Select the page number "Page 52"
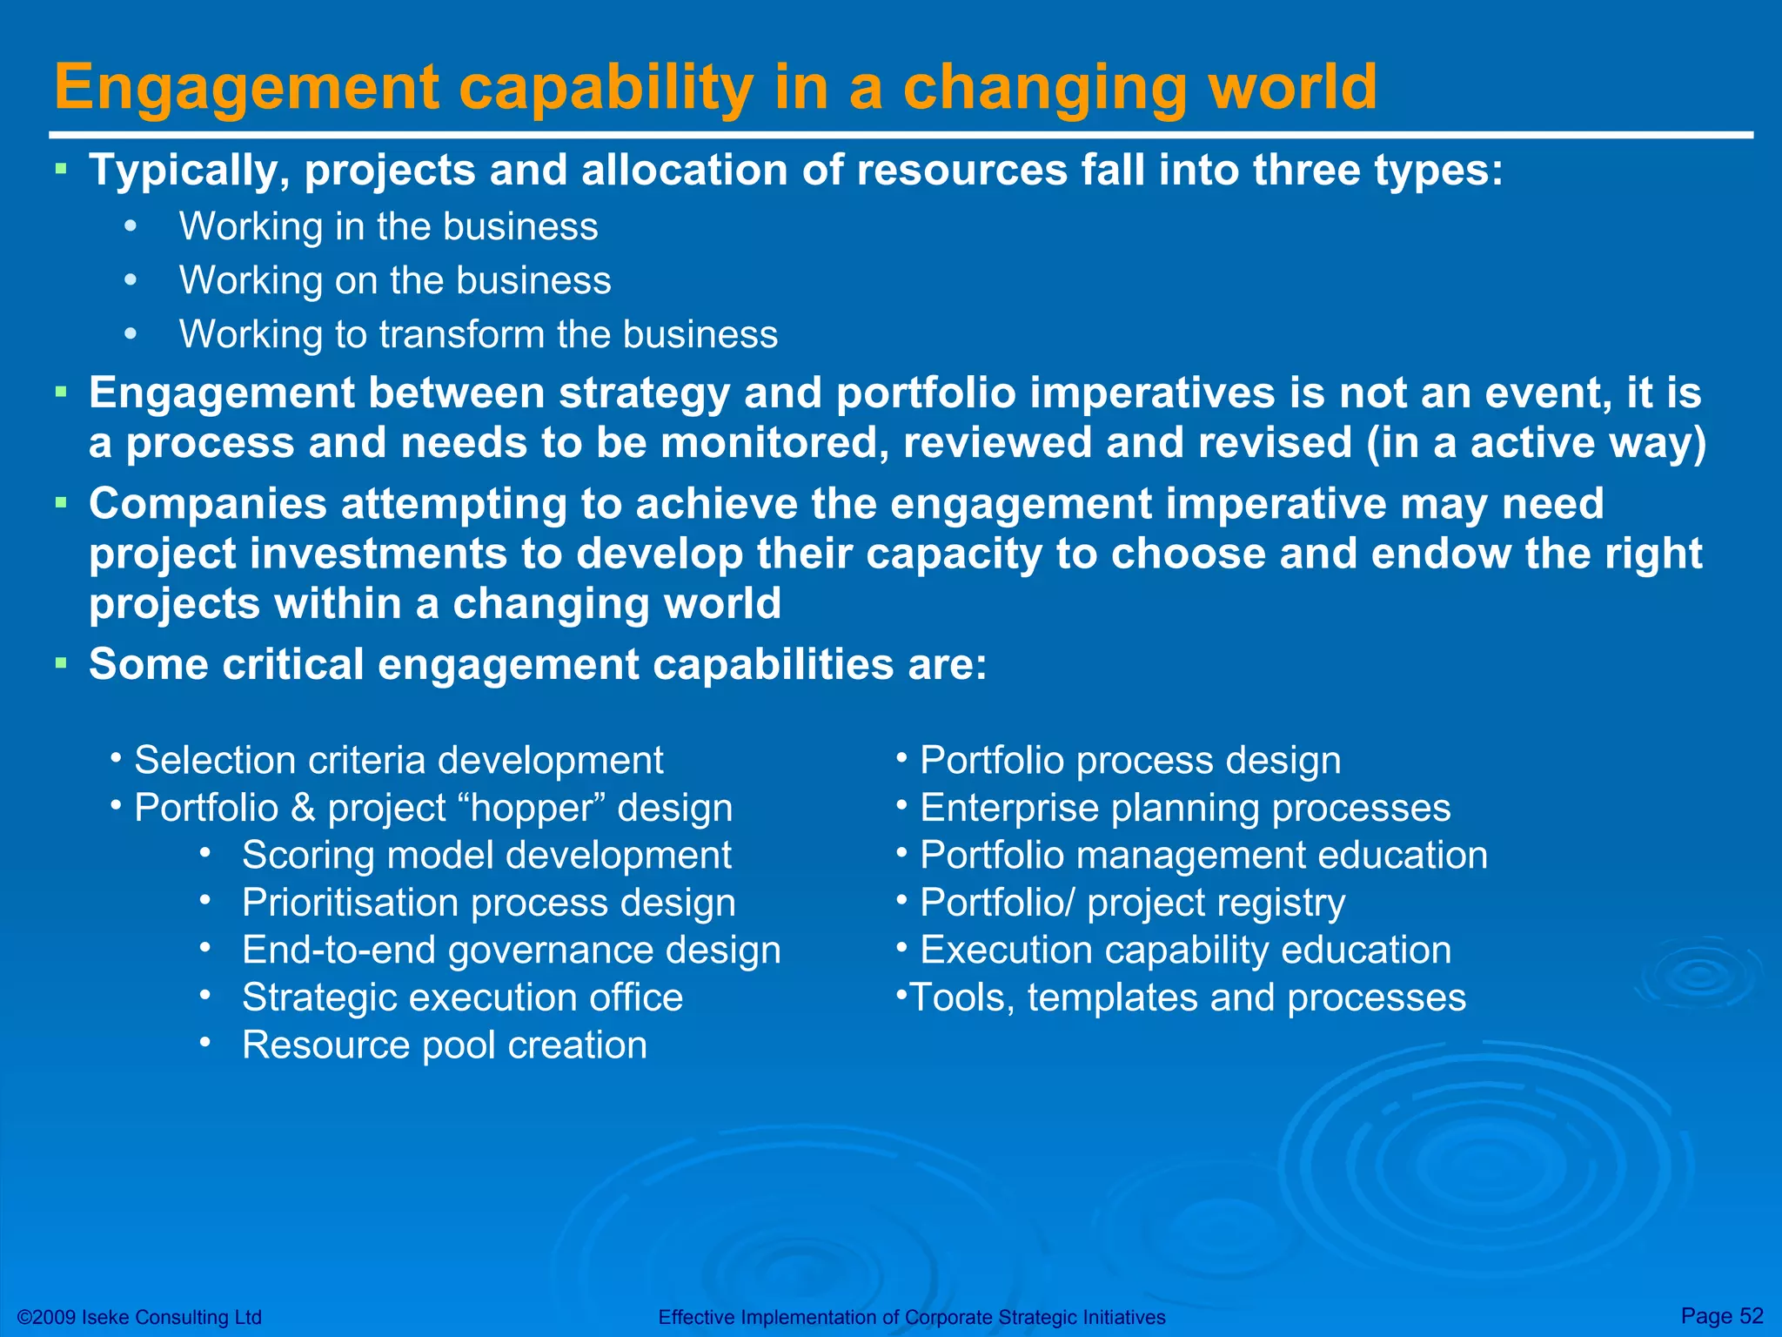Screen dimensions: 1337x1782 pyautogui.click(x=1722, y=1315)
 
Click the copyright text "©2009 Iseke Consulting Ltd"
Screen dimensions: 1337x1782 pyautogui.click(x=139, y=1317)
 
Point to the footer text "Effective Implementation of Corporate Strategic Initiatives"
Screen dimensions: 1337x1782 pyautogui.click(x=911, y=1317)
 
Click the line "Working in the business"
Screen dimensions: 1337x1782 pyautogui.click(x=388, y=227)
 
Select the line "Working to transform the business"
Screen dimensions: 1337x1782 pyautogui.click(x=478, y=335)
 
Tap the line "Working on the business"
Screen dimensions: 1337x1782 pyautogui.click(x=395, y=281)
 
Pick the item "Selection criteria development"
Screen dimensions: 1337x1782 pyautogui.click(x=399, y=761)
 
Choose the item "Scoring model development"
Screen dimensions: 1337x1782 pyautogui.click(x=486, y=856)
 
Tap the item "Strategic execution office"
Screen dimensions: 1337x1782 pyautogui.click(x=462, y=998)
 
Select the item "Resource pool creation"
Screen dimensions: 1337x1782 pyautogui.click(x=444, y=1045)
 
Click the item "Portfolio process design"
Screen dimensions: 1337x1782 pyautogui.click(x=1129, y=761)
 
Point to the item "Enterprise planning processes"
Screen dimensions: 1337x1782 pyautogui.click(x=1185, y=808)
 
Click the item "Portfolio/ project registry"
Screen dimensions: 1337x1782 pyautogui.click(x=1132, y=904)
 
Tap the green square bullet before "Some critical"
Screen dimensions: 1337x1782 pyautogui.click(x=60, y=664)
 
